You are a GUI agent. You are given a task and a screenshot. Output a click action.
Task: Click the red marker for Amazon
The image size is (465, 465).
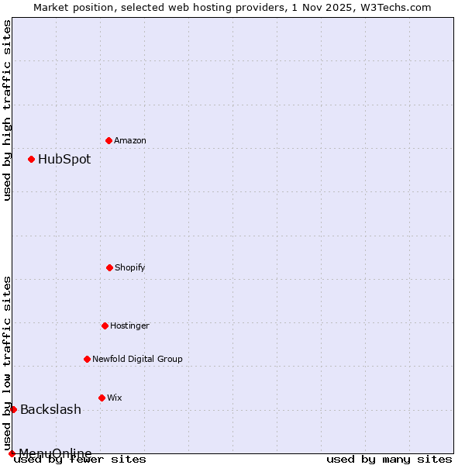(108, 140)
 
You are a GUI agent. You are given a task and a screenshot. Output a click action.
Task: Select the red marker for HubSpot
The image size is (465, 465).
(31, 159)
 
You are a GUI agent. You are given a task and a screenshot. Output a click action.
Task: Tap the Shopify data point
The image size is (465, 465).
(109, 267)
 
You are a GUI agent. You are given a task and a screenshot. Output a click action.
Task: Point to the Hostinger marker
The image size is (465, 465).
(105, 325)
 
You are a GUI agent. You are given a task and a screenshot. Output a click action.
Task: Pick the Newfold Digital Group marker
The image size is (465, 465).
(87, 359)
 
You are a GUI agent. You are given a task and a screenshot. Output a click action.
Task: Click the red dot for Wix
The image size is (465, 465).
(102, 398)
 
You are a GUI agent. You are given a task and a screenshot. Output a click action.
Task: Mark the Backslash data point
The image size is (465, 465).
(13, 409)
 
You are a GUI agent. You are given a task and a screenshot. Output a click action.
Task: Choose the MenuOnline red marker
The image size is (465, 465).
(12, 453)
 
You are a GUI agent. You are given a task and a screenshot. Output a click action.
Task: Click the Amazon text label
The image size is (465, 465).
(130, 140)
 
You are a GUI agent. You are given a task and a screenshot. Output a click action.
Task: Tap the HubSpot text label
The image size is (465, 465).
(64, 159)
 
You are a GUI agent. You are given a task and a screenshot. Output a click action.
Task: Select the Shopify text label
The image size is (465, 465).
(130, 267)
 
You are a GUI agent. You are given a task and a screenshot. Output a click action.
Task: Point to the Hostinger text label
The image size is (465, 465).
(129, 325)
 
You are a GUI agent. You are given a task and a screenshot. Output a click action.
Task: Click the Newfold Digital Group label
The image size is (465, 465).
(137, 359)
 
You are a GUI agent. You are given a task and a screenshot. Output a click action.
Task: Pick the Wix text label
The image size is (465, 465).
(115, 398)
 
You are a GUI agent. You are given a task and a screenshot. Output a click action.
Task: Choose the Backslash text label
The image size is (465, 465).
(50, 409)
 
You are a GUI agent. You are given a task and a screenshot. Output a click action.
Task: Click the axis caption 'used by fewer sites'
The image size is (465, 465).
(80, 459)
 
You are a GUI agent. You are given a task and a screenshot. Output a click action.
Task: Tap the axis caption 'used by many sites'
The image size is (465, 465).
(389, 459)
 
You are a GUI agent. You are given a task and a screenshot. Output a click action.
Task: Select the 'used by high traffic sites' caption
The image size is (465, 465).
(7, 110)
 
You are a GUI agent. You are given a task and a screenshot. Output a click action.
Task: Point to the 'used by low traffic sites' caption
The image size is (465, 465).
(7, 363)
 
